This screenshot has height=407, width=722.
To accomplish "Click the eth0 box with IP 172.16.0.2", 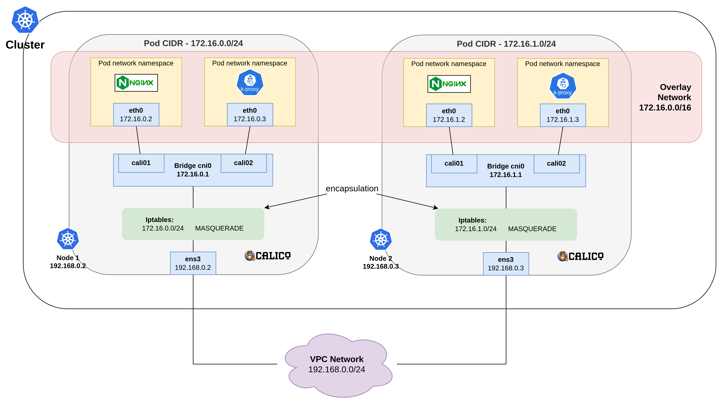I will pos(136,115).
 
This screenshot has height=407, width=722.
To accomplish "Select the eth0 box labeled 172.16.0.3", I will pos(250,115).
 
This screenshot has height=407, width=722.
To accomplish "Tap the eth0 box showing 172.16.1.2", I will pos(449,115).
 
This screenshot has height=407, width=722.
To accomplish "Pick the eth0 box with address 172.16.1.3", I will pos(563,115).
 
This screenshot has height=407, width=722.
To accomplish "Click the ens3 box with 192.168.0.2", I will pos(193,263).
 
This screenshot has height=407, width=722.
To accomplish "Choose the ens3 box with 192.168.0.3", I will pos(506,264).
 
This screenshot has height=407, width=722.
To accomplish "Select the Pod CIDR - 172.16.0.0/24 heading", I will pos(193,43).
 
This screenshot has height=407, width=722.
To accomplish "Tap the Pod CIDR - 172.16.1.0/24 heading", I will pos(506,44).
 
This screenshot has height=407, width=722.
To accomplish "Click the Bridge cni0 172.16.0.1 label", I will pos(193,170).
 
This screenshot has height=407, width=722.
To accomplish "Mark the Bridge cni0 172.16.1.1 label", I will pos(506,170).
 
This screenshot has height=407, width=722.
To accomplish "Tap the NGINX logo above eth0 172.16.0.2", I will pos(136,83).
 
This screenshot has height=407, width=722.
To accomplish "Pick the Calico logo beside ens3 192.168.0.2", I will pos(268,256).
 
